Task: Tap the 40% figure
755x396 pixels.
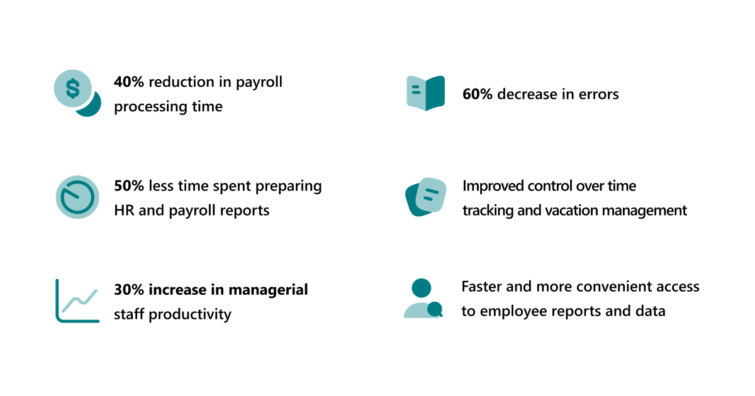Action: click(x=129, y=82)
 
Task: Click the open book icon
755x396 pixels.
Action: click(x=426, y=93)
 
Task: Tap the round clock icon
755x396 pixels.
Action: click(x=77, y=197)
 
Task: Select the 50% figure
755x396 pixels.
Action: click(x=129, y=186)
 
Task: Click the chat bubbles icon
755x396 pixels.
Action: click(x=426, y=197)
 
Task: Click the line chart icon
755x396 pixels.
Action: click(x=77, y=301)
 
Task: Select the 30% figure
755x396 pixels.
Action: click(x=129, y=290)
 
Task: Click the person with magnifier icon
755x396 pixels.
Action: click(x=422, y=299)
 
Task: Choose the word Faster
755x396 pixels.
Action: click(x=481, y=287)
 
